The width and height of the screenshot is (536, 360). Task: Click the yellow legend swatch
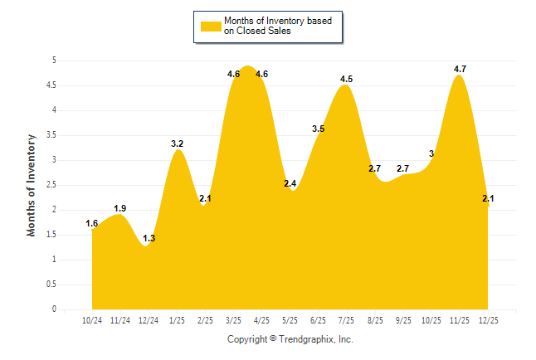click(210, 26)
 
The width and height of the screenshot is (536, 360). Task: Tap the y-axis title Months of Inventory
click(32, 185)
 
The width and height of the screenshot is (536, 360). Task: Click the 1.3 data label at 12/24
click(149, 238)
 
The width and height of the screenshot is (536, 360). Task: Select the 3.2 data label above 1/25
click(177, 144)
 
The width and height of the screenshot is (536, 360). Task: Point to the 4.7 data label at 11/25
click(460, 69)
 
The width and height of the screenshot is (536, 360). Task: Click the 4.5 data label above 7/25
click(347, 79)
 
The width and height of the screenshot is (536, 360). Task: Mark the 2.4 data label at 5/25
click(290, 183)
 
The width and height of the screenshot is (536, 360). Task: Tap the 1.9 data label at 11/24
click(120, 208)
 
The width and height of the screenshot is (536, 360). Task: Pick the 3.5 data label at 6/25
click(319, 129)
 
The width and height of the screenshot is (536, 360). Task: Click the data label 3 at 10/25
click(431, 153)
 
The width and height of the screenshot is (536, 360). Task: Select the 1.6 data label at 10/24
click(92, 223)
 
